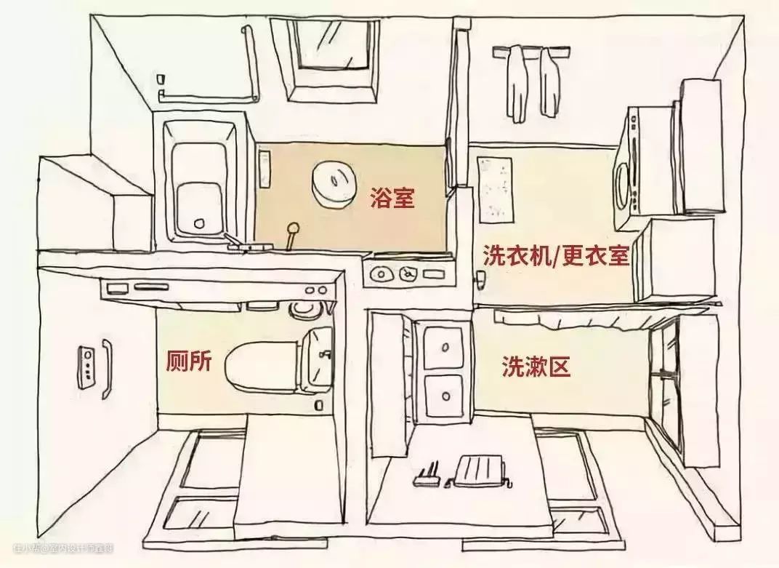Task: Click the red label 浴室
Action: click(x=392, y=197)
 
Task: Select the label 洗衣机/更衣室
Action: click(x=555, y=255)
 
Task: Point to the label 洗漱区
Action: click(x=536, y=367)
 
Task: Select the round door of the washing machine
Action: click(x=623, y=185)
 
